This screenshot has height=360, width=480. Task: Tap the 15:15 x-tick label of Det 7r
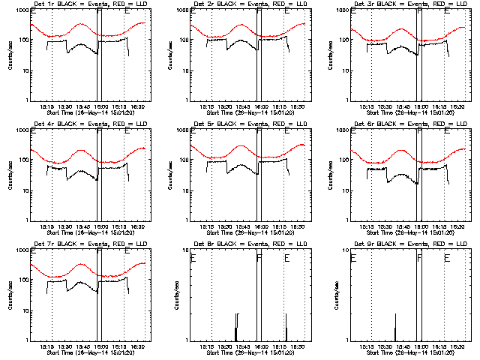click(x=46, y=346)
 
